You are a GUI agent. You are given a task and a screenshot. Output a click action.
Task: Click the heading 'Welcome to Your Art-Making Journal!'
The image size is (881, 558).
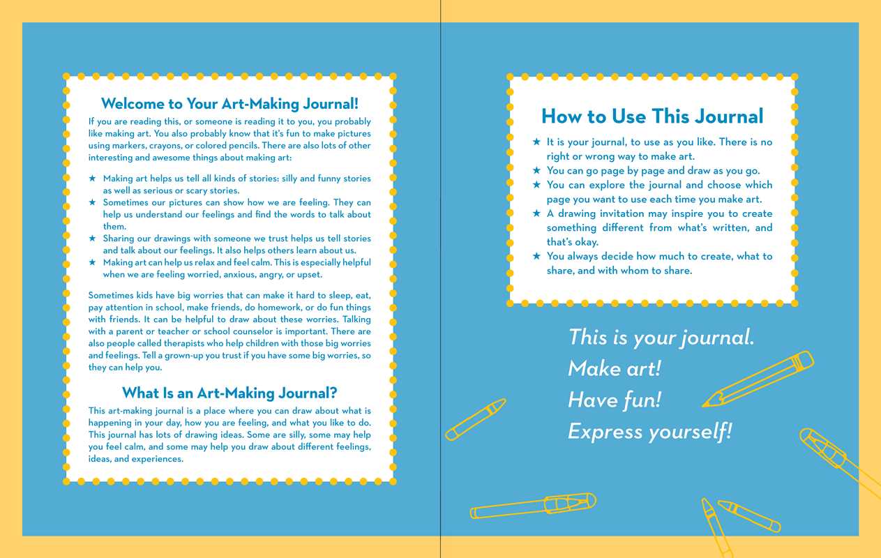click(229, 104)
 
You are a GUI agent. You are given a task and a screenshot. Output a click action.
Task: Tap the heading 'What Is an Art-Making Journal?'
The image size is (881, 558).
click(229, 393)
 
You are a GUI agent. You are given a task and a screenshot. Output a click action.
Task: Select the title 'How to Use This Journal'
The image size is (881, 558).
click(652, 116)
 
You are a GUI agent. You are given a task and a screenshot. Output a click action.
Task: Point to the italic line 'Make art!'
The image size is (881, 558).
click(614, 368)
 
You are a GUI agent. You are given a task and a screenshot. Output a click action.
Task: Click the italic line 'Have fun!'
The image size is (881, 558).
click(614, 400)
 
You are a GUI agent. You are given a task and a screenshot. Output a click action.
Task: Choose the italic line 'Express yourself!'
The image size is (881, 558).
click(649, 431)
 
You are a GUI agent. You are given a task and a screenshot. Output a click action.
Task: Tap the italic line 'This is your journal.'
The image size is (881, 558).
click(661, 338)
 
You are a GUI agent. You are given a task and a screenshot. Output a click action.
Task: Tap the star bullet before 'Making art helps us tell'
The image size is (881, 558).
click(92, 179)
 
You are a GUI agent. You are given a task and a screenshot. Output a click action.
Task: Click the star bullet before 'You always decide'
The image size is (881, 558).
click(536, 256)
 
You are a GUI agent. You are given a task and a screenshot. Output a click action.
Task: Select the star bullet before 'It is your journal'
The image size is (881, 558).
click(536, 142)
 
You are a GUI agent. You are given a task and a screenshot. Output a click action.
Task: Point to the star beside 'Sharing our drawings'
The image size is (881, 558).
click(92, 239)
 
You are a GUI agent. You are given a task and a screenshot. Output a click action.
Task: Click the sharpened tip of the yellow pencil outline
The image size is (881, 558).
click(707, 403)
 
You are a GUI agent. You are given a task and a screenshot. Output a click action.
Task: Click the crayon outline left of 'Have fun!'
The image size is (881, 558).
click(475, 419)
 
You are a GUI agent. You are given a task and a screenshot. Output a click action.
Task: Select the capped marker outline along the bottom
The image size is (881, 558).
click(533, 506)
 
